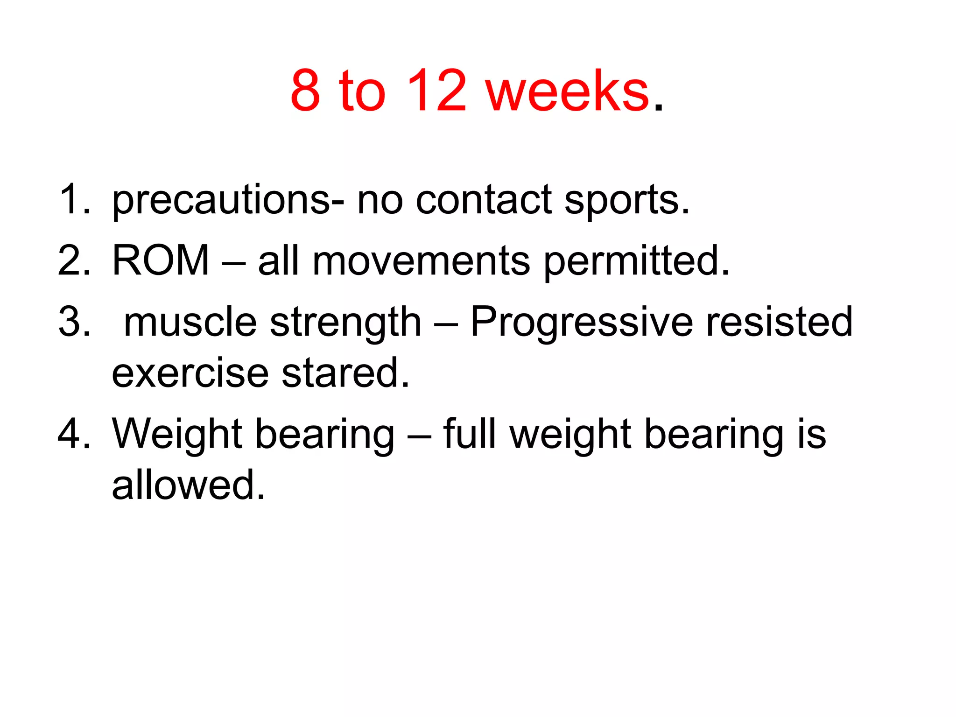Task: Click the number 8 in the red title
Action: tap(306, 91)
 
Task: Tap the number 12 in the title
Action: tap(436, 91)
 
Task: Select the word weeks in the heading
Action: tap(567, 91)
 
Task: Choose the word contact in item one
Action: tap(484, 200)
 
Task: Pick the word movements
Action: tap(421, 261)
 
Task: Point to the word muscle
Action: tap(190, 322)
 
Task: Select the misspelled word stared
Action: tap(345, 373)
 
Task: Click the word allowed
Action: tap(188, 485)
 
